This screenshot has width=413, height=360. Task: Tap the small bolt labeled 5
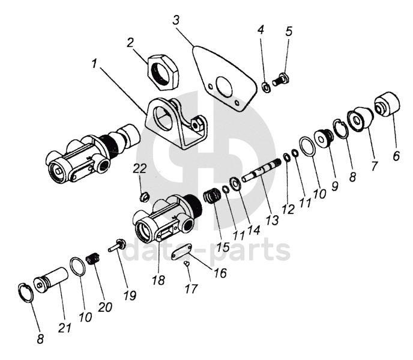(x=281, y=80)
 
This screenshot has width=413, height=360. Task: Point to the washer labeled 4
(x=266, y=88)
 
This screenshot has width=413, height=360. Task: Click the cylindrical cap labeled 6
(x=387, y=104)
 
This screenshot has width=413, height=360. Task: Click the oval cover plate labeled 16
(x=181, y=252)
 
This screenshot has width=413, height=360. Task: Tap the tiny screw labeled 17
(x=187, y=263)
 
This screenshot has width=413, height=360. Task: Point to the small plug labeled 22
(x=144, y=197)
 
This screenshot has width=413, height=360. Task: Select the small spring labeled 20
(x=93, y=259)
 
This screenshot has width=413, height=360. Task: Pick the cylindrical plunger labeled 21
(x=51, y=280)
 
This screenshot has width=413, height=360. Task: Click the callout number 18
(x=158, y=280)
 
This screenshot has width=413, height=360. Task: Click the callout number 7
(x=374, y=166)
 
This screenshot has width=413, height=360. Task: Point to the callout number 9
(x=334, y=186)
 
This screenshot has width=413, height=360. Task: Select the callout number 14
(x=253, y=230)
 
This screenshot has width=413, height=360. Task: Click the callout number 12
(x=288, y=209)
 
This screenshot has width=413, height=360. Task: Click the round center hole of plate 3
(x=224, y=85)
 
